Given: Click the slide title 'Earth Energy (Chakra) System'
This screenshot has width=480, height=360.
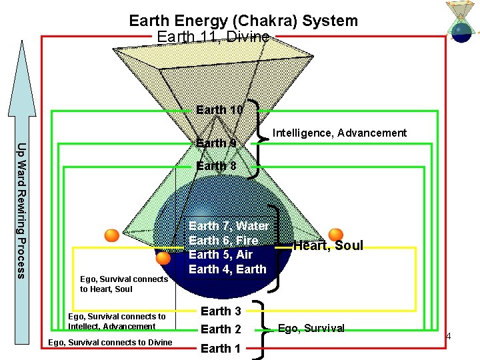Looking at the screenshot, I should click(243, 21).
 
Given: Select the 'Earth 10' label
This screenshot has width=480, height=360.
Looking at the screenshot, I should click(219, 109).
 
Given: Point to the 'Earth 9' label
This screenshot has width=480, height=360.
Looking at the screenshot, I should click(216, 143).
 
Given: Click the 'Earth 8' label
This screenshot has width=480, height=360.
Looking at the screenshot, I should click(216, 166).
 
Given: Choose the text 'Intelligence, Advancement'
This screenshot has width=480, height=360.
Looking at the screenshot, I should click(339, 133).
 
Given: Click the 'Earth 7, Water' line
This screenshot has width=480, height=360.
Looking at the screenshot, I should click(229, 226).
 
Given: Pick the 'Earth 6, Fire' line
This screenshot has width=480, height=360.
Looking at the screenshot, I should click(223, 240).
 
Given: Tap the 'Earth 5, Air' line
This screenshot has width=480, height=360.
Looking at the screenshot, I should click(221, 255).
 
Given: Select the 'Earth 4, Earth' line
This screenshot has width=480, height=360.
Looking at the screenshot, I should click(227, 269).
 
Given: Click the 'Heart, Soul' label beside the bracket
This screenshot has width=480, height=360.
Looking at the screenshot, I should click(328, 245).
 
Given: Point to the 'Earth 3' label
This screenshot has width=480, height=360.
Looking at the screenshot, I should click(221, 311).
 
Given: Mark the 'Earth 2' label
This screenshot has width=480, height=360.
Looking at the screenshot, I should click(221, 329).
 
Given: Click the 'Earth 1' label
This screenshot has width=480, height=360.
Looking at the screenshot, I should click(221, 348).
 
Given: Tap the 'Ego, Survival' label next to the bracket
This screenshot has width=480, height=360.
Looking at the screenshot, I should click(311, 328).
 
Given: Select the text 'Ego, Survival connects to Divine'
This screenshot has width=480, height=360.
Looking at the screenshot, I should click(111, 343).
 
